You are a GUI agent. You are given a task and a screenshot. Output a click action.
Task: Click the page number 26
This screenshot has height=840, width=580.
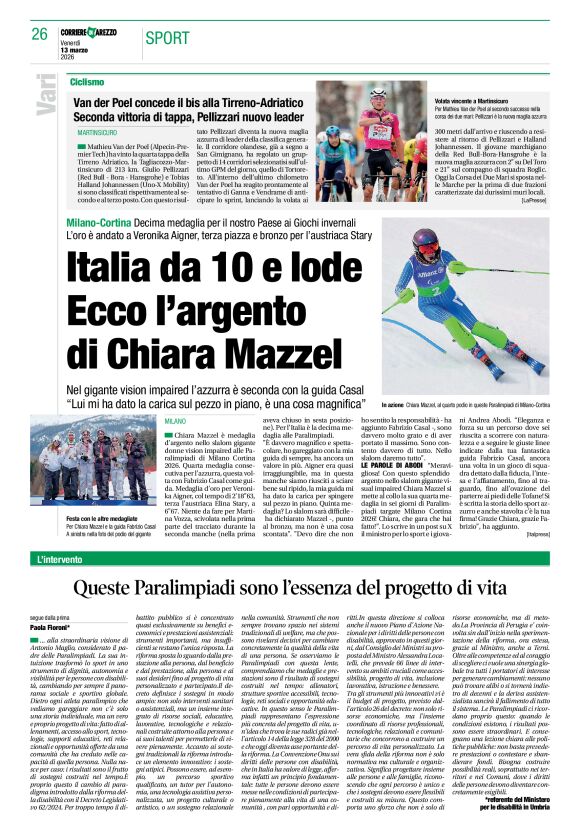click(x=40, y=33)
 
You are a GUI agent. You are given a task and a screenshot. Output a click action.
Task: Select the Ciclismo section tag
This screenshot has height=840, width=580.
click(x=87, y=81)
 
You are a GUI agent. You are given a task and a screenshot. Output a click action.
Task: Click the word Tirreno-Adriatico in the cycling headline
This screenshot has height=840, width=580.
click(x=268, y=100)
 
